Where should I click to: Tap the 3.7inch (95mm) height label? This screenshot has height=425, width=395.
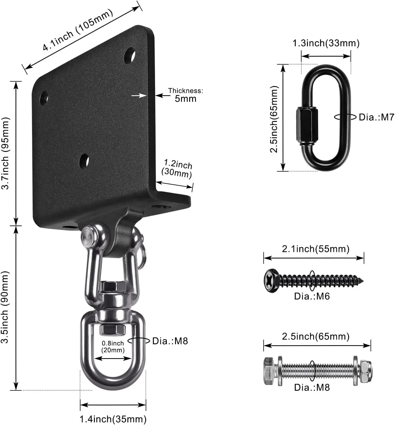coord(6,153)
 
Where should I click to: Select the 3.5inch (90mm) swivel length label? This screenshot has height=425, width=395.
coord(5,307)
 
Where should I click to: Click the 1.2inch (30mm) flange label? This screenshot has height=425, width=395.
coord(177,169)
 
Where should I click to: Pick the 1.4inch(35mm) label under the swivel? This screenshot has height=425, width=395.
coord(113,419)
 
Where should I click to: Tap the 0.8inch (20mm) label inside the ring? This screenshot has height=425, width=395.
coord(113,347)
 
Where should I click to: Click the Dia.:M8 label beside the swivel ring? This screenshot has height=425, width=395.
coord(170,341)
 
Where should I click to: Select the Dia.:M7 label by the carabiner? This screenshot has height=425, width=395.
coord(376,117)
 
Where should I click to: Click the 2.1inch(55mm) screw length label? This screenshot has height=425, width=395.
coord(316,249)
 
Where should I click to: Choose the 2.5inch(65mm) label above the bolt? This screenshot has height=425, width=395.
coord(316,337)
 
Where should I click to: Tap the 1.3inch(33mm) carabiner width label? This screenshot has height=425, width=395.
coord(326,43)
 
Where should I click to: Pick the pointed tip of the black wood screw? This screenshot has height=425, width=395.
coord(362,281)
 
